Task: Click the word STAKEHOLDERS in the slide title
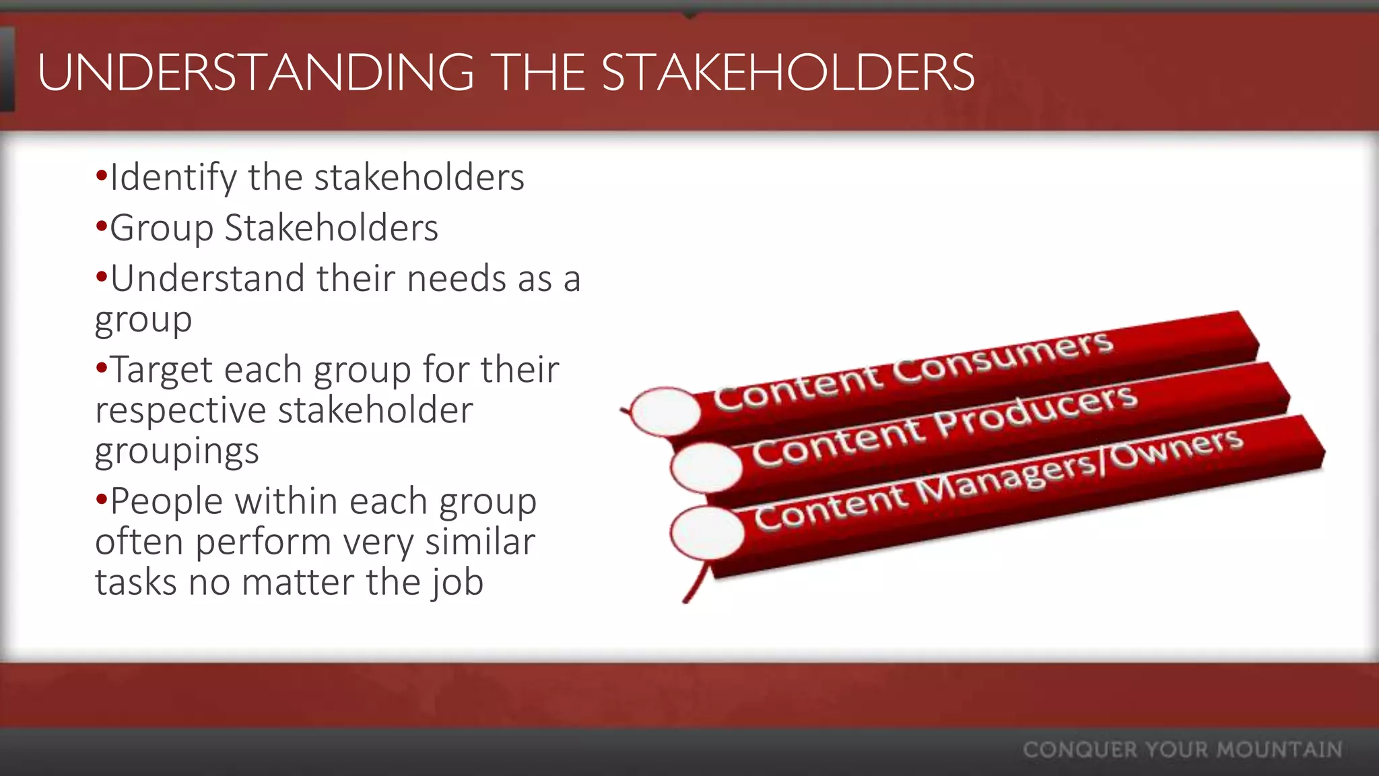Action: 788,73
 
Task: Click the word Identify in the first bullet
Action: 173,179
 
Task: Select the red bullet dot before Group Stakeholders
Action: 101,226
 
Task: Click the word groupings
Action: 176,451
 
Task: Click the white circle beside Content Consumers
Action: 665,411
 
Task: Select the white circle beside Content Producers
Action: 706,467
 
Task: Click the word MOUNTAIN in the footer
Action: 1279,750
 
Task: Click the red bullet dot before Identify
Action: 101,176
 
